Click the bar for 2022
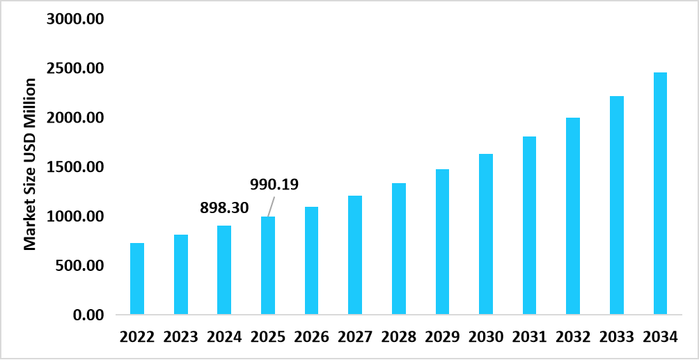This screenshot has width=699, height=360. coord(137,279)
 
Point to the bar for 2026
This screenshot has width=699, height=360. coord(311,260)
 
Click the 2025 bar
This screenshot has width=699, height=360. coord(268,265)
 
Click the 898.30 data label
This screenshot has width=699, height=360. coord(224,207)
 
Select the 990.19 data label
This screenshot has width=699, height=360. coord(274,185)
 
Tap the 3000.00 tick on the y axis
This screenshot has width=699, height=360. coord(75,19)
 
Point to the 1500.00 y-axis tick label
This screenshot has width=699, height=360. coord(75,167)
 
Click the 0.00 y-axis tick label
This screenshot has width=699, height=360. coord(88,315)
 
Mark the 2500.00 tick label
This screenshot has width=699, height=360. coord(75,68)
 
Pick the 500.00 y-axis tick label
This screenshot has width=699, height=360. coord(79,266)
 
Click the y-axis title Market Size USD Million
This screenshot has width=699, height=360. coord(30,164)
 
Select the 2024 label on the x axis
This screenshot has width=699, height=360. coord(224,337)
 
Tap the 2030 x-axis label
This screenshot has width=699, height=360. coord(486,337)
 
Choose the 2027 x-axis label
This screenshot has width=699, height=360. coord(355,337)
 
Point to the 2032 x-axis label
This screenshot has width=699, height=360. coord(573,337)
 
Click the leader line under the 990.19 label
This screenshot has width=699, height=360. coord(270,207)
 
